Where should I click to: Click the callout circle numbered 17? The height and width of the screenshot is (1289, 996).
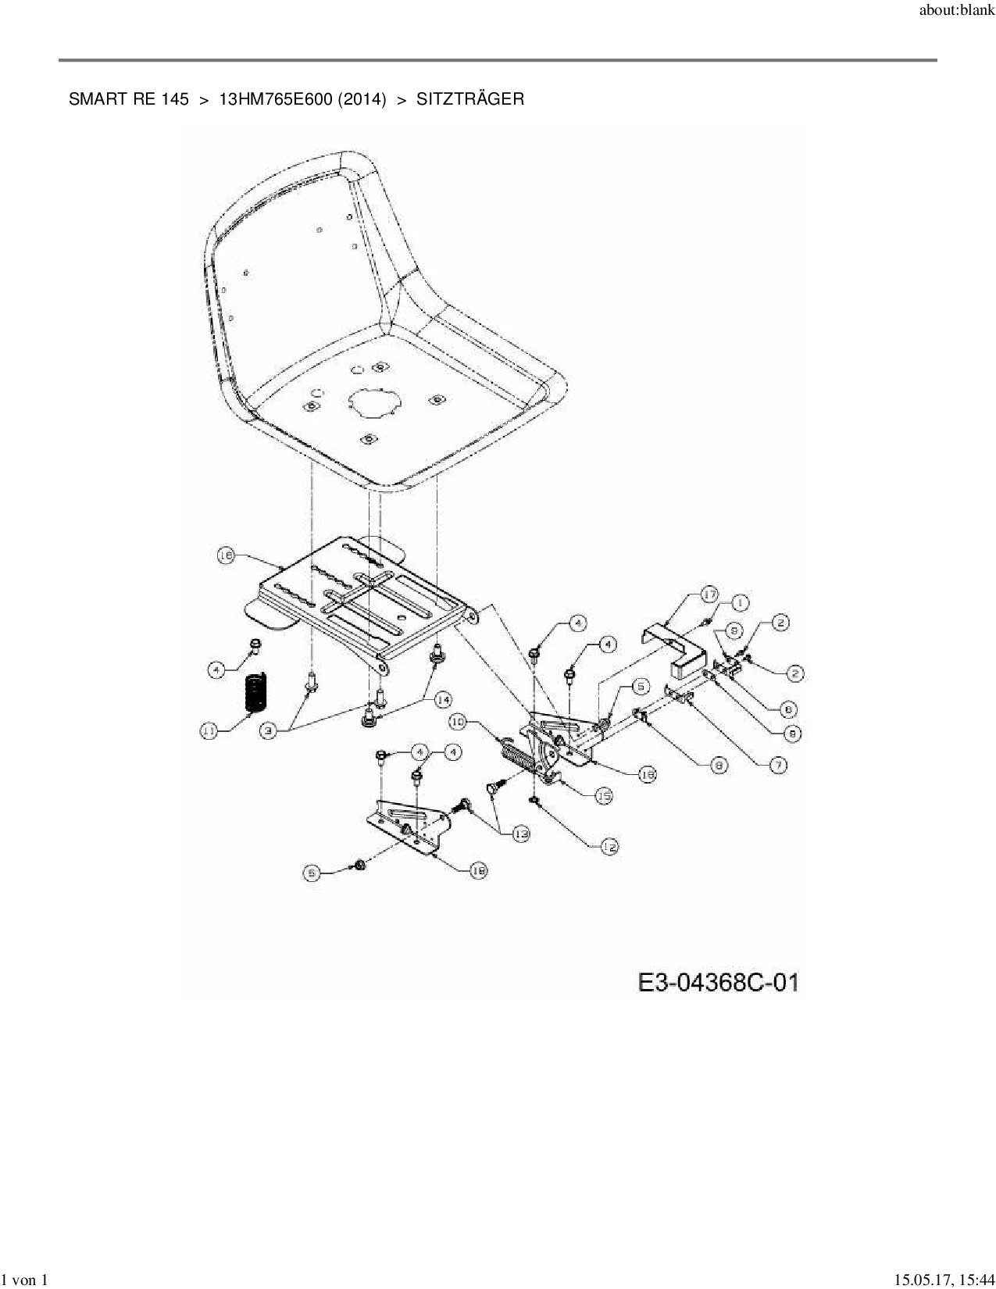pyautogui.click(x=709, y=595)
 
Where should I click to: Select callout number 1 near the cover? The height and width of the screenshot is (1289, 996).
pyautogui.click(x=739, y=602)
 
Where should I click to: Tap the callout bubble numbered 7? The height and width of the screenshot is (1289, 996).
pyautogui.click(x=778, y=765)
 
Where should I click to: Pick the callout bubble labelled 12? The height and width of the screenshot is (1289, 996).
pyautogui.click(x=609, y=846)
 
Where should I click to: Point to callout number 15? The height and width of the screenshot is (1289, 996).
pyautogui.click(x=604, y=796)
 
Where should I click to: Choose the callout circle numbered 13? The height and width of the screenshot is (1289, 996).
pyautogui.click(x=520, y=834)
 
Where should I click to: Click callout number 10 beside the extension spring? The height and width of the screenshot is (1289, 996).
pyautogui.click(x=458, y=723)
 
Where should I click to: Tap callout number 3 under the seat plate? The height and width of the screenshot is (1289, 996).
pyautogui.click(x=269, y=731)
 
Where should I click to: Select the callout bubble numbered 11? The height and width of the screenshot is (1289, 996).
pyautogui.click(x=209, y=731)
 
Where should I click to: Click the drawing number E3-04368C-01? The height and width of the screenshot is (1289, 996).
pyautogui.click(x=719, y=982)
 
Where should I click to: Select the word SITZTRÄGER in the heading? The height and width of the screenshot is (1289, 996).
pyautogui.click(x=469, y=99)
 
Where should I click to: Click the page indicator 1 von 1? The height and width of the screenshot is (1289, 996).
pyautogui.click(x=24, y=1280)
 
